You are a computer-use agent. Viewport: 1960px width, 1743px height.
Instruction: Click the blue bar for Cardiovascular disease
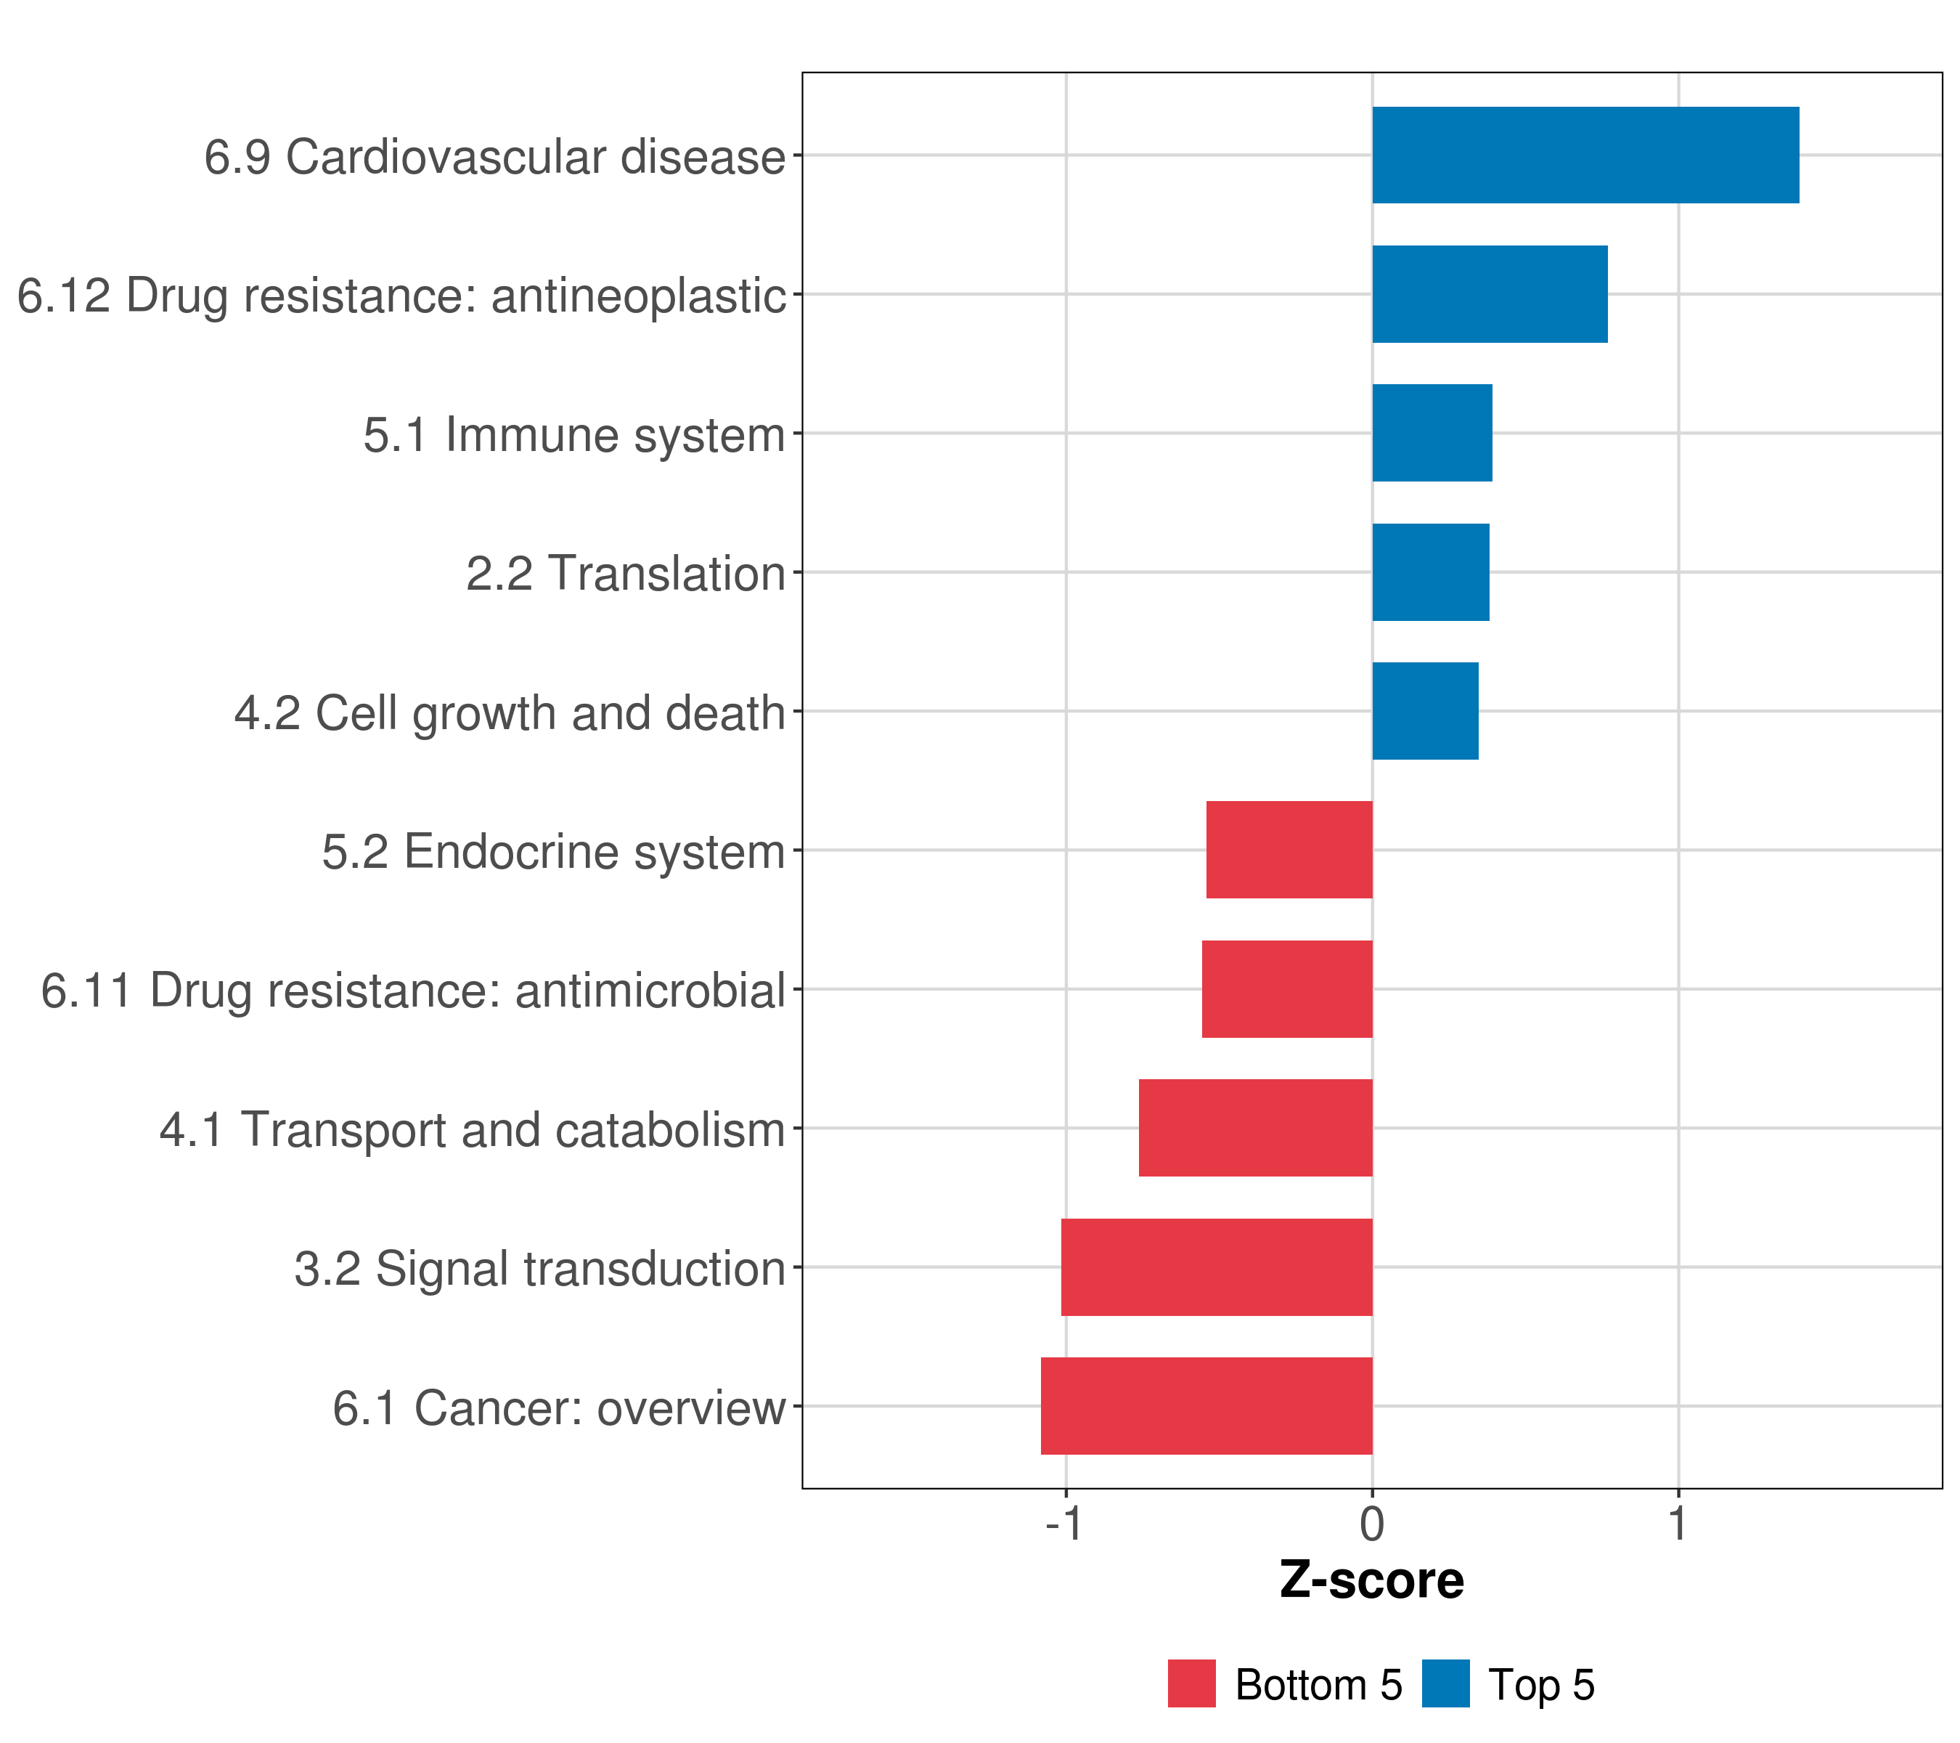coord(1585,155)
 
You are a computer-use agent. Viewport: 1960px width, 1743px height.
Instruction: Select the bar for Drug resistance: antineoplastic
coord(1489,295)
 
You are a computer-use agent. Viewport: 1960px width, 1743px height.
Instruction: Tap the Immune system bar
coord(1432,433)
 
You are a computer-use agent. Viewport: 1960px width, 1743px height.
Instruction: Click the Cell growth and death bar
coord(1425,711)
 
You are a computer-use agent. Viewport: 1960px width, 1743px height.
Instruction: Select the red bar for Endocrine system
coord(1289,850)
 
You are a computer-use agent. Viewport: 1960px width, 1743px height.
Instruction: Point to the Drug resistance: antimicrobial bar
coord(1287,989)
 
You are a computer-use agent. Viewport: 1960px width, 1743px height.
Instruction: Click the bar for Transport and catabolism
coord(1255,1128)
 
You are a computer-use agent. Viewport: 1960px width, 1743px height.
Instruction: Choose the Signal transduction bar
coord(1216,1267)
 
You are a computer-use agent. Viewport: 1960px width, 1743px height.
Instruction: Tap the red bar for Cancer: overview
coord(1206,1406)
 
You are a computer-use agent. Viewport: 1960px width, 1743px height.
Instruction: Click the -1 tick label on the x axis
coord(1064,1524)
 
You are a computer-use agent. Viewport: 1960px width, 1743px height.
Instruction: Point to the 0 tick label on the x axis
coord(1372,1524)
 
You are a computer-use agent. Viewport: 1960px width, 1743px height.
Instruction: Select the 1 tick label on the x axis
coord(1677,1524)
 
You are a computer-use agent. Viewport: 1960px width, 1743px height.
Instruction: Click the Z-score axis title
coord(1371,1581)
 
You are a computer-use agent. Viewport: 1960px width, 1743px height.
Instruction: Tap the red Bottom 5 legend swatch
coord(1191,1684)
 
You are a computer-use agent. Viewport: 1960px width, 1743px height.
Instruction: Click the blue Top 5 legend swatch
coord(1445,1684)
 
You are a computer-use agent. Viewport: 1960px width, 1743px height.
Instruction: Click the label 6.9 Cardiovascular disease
coord(495,158)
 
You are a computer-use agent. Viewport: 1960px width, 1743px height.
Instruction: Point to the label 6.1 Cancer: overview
coord(559,1408)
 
